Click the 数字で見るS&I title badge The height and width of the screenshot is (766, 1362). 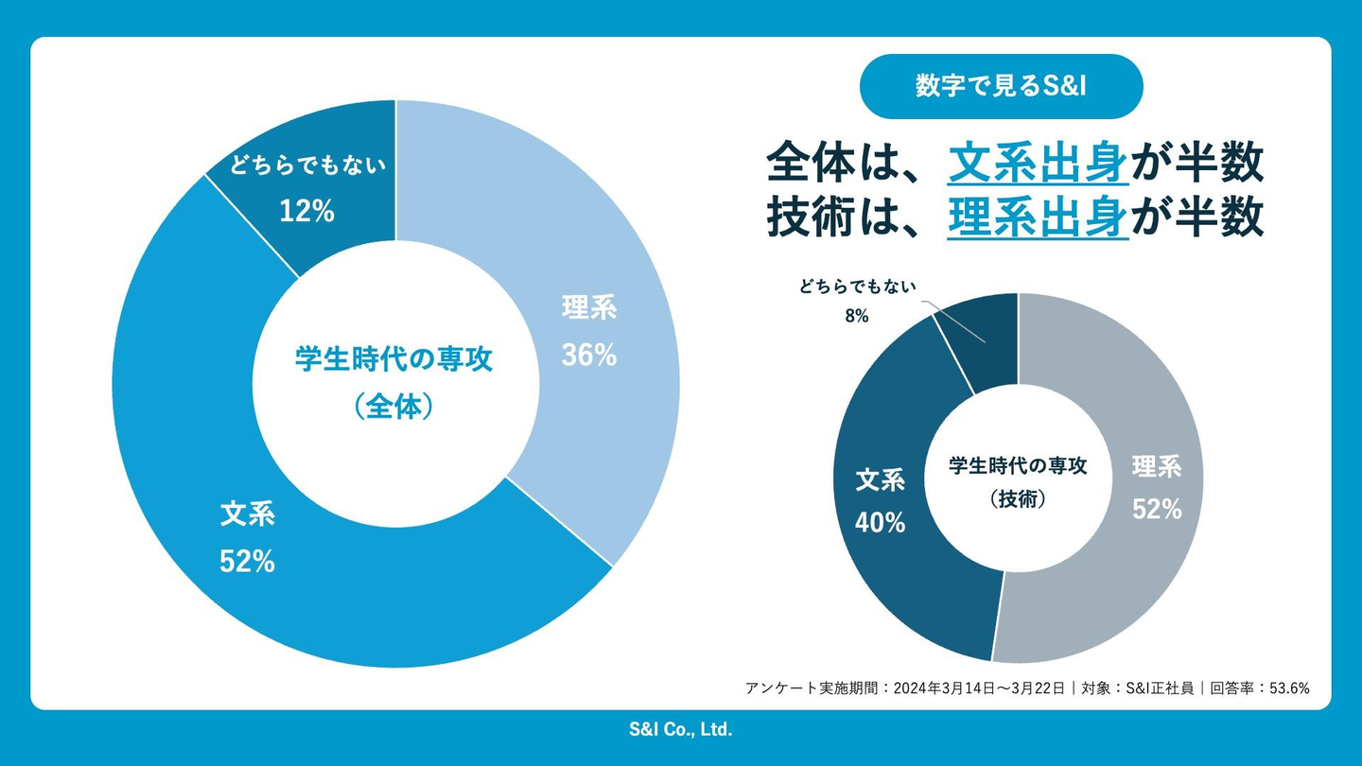point(1001,86)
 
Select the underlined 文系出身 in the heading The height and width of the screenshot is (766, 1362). point(1038,164)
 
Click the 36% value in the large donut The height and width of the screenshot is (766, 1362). point(589,355)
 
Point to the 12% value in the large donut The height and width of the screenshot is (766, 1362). point(306,211)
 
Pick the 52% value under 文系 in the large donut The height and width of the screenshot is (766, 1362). point(247,561)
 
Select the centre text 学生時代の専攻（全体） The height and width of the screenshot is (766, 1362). point(394,382)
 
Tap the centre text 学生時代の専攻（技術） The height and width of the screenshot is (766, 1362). point(1018,481)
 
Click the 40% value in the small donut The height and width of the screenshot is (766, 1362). point(881,521)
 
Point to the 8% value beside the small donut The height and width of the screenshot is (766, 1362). point(857,317)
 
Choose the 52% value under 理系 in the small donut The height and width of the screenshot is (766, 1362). point(1157,509)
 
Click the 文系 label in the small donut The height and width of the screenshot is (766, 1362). point(881,480)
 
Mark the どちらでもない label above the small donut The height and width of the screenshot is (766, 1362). point(857,287)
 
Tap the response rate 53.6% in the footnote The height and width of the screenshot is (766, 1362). point(1285,688)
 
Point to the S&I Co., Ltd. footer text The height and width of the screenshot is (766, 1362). point(681,729)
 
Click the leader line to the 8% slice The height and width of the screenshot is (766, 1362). point(955,322)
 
